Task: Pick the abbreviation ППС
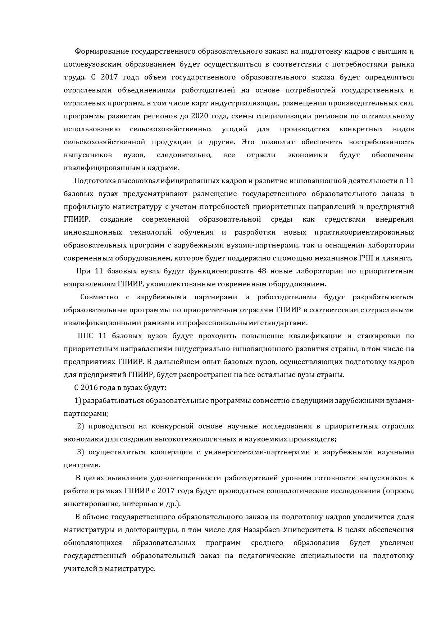coord(85,336)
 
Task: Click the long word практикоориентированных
coord(364,232)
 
